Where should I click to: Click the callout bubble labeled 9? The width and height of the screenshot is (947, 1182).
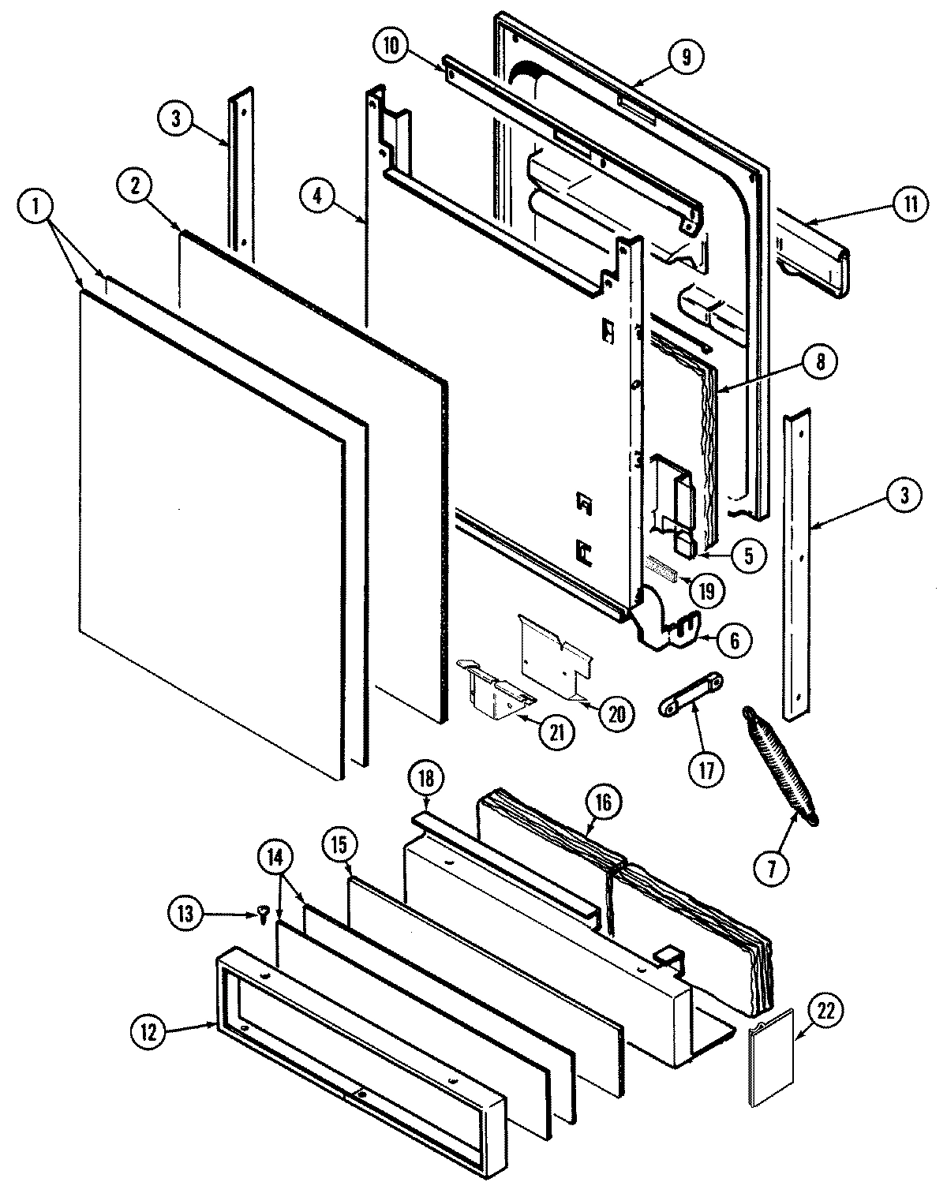[684, 57]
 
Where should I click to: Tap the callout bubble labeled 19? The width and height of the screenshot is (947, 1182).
[705, 589]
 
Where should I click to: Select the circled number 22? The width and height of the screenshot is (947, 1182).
[825, 1012]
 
